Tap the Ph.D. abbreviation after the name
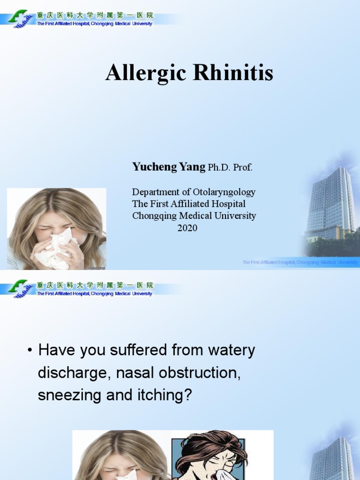point(219,167)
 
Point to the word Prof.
point(243,167)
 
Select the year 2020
point(187,228)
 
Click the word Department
point(155,192)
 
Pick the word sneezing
point(69,395)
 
